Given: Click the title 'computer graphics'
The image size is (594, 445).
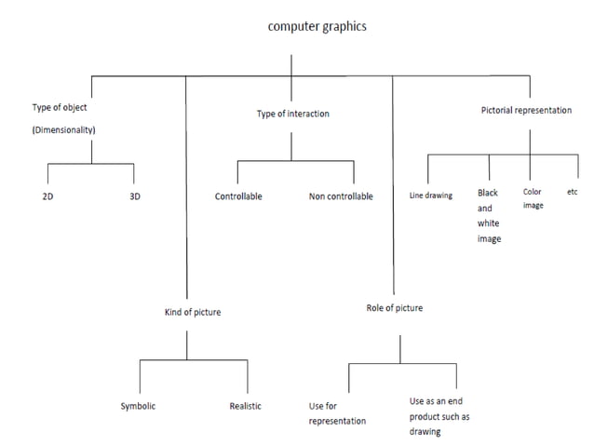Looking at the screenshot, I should pyautogui.click(x=317, y=26).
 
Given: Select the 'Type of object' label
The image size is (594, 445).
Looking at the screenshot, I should pyautogui.click(x=60, y=108).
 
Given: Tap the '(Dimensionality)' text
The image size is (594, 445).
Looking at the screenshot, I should pyautogui.click(x=64, y=130).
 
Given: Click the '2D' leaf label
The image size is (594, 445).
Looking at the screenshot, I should pyautogui.click(x=47, y=197).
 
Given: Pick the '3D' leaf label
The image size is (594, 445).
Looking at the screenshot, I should pyautogui.click(x=134, y=197).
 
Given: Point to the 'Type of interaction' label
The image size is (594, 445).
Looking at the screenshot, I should pyautogui.click(x=292, y=114).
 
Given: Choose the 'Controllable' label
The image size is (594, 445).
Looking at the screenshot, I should pyautogui.click(x=238, y=196).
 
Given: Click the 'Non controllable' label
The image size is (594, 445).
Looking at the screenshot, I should pyautogui.click(x=341, y=196).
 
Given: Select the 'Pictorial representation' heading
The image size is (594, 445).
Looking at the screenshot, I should pyautogui.click(x=526, y=110).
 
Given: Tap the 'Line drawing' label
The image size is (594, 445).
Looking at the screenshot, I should pyautogui.click(x=430, y=196).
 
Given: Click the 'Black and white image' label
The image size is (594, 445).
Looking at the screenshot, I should pyautogui.click(x=489, y=216).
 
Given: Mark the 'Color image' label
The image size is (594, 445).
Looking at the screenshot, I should pyautogui.click(x=533, y=198).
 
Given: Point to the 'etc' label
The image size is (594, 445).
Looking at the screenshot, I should pyautogui.click(x=573, y=192).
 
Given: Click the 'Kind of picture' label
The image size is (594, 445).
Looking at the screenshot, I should pyautogui.click(x=193, y=312).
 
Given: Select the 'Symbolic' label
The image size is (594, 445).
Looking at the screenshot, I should pyautogui.click(x=138, y=406).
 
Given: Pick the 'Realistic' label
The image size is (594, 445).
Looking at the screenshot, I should pyautogui.click(x=245, y=406).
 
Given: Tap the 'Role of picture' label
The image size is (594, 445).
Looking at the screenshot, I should pyautogui.click(x=394, y=307).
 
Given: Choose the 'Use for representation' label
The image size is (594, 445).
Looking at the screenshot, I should pyautogui.click(x=337, y=413).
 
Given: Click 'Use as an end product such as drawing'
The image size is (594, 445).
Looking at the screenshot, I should pyautogui.click(x=439, y=416).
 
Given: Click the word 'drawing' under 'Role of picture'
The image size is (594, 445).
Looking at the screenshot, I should pyautogui.click(x=425, y=432).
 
